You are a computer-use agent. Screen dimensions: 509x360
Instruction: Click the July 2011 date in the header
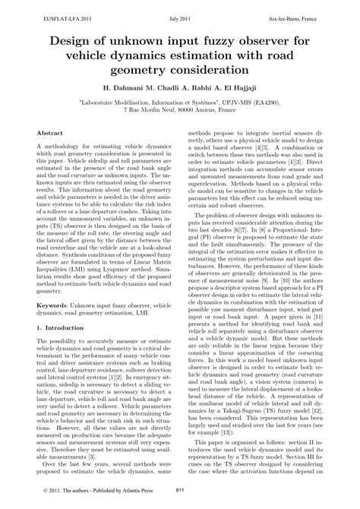tap(180, 5)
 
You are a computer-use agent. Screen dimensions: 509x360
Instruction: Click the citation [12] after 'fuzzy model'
tap(318, 409)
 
